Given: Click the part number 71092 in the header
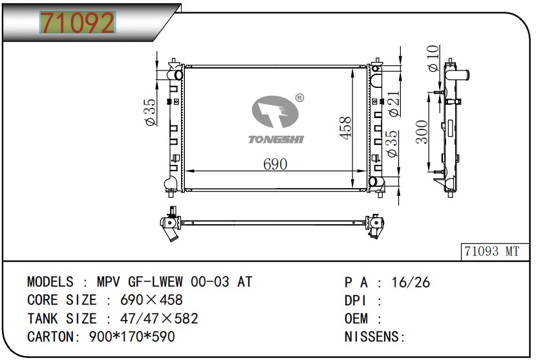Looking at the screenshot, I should coord(77,23).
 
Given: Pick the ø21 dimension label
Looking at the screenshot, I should coord(394,103).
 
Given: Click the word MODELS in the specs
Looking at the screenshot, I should coord(50,282).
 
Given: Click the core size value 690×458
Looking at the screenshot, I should coord(152,301).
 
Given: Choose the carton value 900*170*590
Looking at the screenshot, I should coord(131,337).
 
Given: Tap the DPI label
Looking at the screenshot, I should coord(356,301).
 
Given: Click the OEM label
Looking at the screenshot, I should coord(356,319).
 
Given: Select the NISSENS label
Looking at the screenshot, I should coord(374,337).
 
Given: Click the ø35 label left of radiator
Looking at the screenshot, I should coord(149,111).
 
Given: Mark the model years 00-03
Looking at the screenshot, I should coord(213,282).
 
